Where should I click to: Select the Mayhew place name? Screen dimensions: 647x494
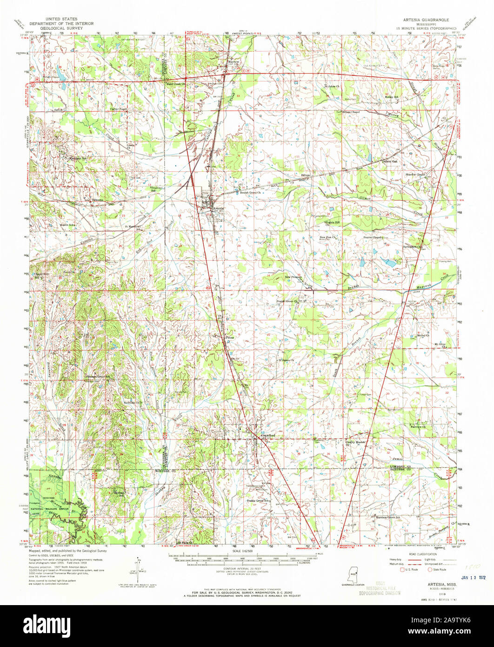pyautogui.click(x=233, y=61)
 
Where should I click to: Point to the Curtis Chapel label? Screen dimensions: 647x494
pyautogui.click(x=118, y=109)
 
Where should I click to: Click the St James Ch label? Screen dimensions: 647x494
pyautogui.click(x=286, y=360)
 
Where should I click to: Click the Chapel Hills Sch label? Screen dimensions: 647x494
pyautogui.click(x=42, y=276)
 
